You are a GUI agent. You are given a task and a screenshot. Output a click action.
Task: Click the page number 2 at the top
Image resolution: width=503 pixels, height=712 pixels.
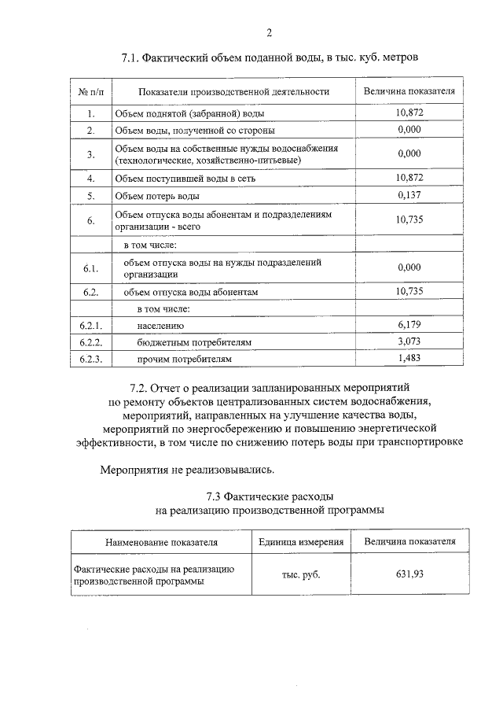tap(269, 32)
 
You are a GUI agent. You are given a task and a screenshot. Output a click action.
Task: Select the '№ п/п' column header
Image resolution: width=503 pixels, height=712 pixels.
tap(91, 92)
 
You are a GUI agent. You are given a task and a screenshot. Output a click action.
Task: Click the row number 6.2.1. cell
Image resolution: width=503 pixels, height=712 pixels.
tap(91, 325)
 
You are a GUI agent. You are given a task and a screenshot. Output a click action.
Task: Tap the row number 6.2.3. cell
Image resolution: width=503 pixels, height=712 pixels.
tap(91, 360)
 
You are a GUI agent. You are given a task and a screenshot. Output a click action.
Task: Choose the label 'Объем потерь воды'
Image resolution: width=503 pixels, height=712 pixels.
tap(156, 195)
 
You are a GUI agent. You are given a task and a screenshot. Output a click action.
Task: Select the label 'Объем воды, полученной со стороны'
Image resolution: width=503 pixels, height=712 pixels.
tap(194, 131)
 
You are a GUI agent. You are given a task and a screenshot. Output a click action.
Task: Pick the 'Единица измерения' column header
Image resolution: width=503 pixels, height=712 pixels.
tap(301, 543)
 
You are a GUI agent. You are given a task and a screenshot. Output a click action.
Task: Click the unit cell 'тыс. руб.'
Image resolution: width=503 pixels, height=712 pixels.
tap(301, 575)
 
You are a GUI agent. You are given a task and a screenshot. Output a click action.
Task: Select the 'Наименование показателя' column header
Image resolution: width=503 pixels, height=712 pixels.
tap(161, 543)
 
